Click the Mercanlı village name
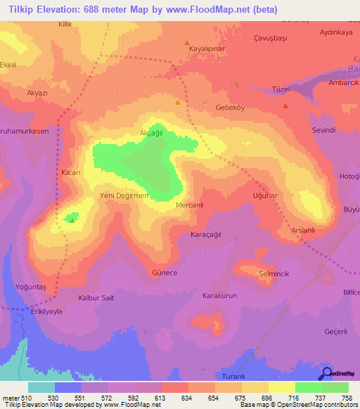click(191, 206)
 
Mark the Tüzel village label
click(281, 89)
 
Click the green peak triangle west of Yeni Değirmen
click(72, 219)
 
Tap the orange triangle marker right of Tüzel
click(285, 106)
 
